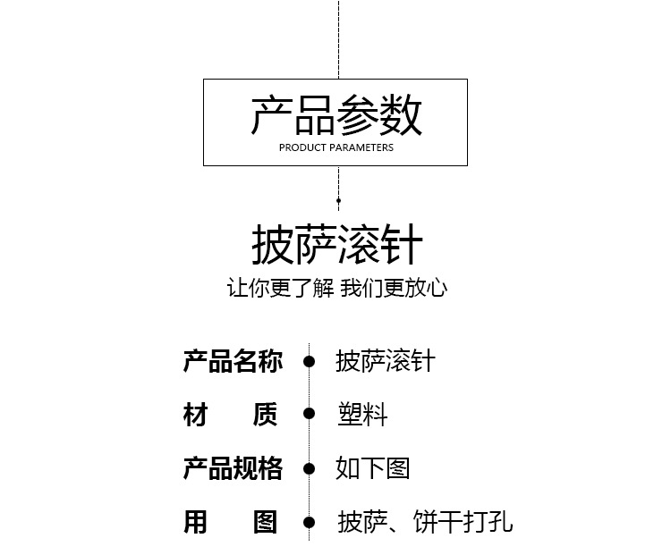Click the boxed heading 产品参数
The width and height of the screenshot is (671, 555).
335,115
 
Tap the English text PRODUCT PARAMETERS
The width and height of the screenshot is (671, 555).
335,147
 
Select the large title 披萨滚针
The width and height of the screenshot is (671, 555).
336,245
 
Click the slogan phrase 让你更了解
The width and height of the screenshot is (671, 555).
280,288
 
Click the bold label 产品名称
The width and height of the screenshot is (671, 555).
233,361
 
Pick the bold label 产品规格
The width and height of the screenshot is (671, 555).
233,468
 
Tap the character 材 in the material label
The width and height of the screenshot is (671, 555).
196,415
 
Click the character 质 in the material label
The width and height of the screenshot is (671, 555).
266,415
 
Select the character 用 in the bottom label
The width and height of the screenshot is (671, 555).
196,522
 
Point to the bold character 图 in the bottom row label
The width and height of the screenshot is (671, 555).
266,522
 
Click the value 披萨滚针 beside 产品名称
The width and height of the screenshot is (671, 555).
386,361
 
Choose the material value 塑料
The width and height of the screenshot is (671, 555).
361,415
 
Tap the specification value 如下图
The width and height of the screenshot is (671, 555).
373,468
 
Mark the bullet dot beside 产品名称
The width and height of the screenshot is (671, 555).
309,361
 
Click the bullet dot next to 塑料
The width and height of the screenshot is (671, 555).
309,414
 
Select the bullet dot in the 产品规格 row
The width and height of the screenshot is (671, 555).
309,468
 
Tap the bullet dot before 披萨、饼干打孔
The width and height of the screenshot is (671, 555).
309,522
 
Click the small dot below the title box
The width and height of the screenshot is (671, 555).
338,201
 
